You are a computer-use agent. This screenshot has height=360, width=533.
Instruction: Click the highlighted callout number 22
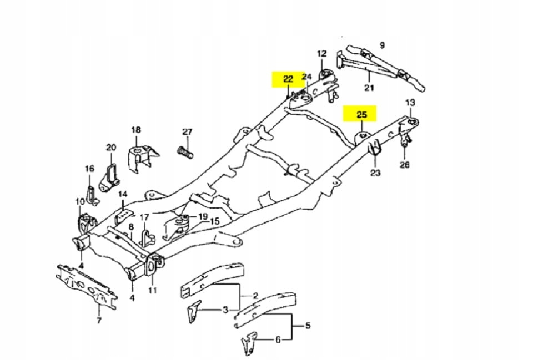pos(288,79)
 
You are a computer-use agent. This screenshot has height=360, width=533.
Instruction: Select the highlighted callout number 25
pos(361,115)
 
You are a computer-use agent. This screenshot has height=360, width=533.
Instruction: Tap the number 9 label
pos(382,45)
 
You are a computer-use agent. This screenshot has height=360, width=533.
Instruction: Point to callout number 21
pos(369,88)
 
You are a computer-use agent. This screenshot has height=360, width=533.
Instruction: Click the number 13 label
pos(410,103)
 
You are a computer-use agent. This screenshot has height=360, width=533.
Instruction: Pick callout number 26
pos(405,164)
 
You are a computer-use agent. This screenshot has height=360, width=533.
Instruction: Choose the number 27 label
pos(187,132)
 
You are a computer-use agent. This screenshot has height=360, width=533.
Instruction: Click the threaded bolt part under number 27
pos(185,151)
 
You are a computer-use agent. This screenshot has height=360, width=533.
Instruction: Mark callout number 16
pos(89,169)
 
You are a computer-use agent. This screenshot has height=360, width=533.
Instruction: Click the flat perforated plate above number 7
pos(87,283)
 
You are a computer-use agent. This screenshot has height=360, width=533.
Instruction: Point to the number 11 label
pos(153,290)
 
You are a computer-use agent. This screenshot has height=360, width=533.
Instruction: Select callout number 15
pos(215,221)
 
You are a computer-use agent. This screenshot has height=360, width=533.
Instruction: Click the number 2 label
pos(255,296)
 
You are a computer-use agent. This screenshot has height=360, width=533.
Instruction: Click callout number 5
pos(308,326)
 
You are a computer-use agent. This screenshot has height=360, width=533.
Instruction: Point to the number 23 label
pos(375,173)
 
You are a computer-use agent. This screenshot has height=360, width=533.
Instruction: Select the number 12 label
pos(322,54)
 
